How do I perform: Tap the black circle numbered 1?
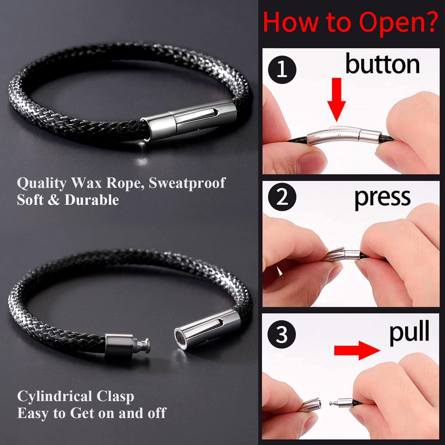click(282, 70)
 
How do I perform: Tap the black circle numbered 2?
click(282, 197)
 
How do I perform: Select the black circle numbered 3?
click(282, 334)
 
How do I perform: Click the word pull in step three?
click(409, 332)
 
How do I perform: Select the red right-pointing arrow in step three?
click(357, 350)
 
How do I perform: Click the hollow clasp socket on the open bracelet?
click(207, 328)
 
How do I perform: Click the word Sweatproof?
click(187, 183)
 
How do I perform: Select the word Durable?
click(92, 200)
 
